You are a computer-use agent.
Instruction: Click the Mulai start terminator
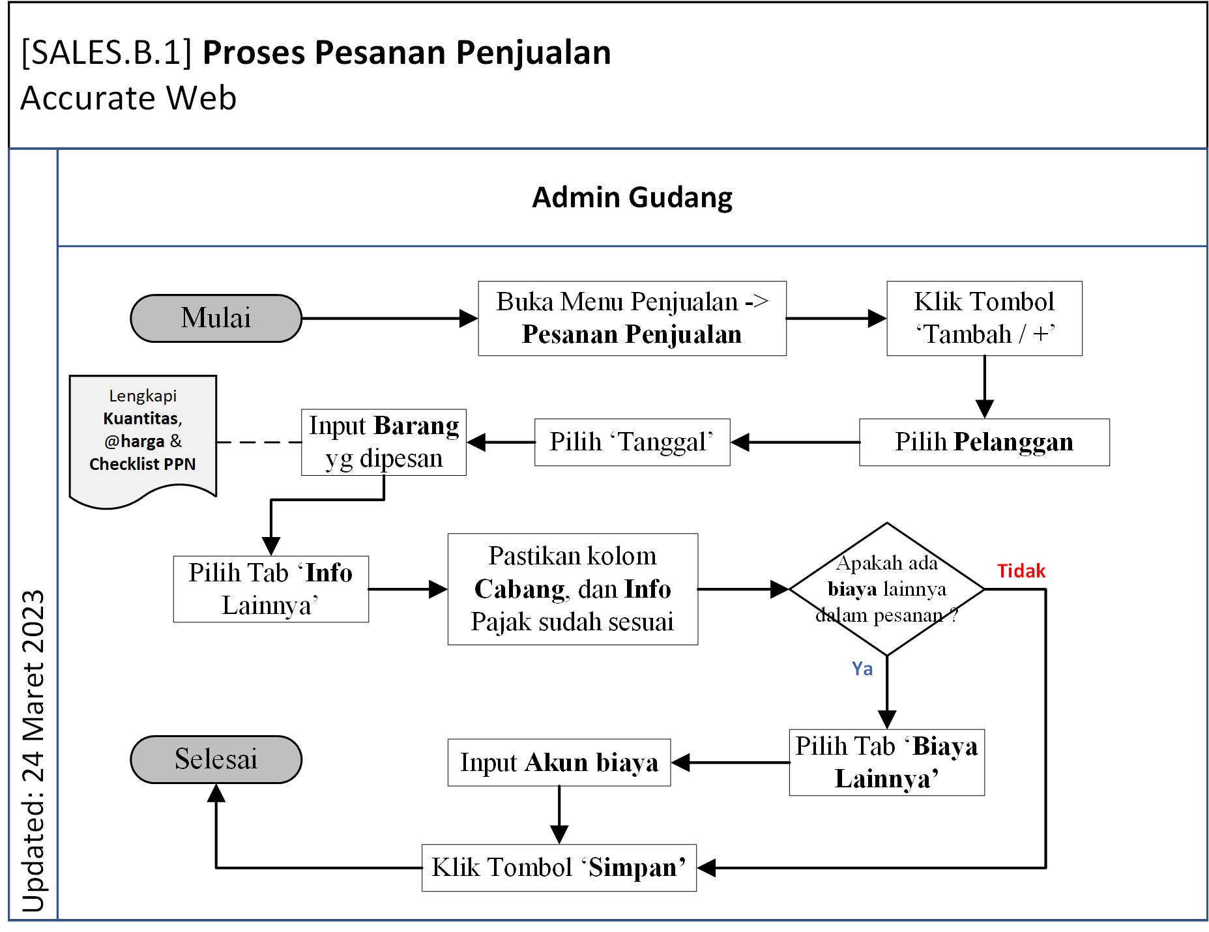216,318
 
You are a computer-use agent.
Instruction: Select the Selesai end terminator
216,759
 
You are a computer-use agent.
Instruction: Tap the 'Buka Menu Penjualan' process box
632,318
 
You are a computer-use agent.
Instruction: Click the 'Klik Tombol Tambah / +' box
984,318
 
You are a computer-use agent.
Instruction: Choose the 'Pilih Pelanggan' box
984,442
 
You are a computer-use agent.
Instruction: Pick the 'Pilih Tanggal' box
632,442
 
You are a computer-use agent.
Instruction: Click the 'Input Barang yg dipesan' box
384,442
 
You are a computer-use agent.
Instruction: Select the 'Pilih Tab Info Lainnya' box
270,589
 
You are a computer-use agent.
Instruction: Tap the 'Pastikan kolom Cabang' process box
572,589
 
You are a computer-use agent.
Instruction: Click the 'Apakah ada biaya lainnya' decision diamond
886,589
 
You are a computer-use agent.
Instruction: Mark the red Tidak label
1021,571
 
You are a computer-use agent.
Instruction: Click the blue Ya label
862,669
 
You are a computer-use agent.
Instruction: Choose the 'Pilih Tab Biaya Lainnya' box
886,763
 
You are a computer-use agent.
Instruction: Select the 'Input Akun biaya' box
559,763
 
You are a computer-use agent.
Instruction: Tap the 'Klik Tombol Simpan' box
559,867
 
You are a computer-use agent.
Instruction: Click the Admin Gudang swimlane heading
632,197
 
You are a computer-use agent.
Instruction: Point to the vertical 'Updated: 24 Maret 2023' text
33,750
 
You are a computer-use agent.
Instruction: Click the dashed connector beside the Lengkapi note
259,443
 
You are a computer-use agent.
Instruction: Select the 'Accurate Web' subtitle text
128,98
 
